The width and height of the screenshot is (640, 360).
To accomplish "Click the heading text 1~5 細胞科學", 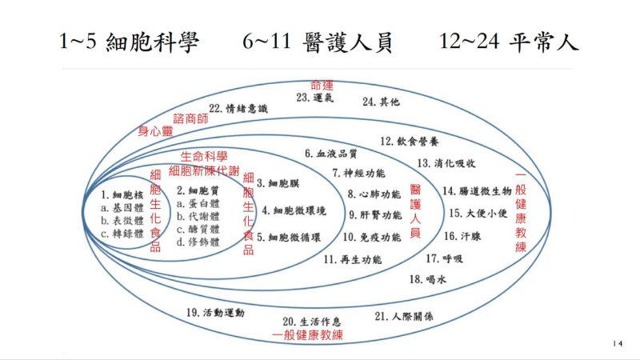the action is [x=129, y=42].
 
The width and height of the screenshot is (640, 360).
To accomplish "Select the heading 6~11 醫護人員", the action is [x=317, y=42].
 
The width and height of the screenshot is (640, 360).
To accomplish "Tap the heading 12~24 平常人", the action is [x=509, y=42].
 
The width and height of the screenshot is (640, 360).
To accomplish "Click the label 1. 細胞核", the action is [x=122, y=195].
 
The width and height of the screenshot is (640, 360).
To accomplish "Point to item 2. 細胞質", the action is [x=198, y=190].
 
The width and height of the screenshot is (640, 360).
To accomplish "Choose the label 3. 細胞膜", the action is [x=278, y=183].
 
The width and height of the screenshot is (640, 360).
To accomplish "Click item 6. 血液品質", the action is [x=331, y=154].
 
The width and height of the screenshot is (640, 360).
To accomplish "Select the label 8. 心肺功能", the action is [x=374, y=194].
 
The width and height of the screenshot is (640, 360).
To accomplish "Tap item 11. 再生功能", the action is [x=353, y=259].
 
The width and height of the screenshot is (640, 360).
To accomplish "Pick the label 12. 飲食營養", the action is [x=410, y=142].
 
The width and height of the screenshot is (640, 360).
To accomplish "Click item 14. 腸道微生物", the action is [x=477, y=190].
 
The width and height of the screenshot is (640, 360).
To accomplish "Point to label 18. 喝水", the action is [x=428, y=279].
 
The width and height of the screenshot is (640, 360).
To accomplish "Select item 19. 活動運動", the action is [x=215, y=313].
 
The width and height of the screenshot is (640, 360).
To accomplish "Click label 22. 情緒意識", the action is [x=238, y=109].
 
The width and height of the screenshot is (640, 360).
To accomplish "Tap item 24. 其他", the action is [x=381, y=102].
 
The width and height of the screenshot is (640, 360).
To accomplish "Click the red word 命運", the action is [x=322, y=86].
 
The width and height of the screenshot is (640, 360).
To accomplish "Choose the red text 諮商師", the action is [x=190, y=118].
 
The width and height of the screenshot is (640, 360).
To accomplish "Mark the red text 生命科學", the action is [x=204, y=156].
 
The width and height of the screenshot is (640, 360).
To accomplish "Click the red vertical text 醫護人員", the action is [x=415, y=211].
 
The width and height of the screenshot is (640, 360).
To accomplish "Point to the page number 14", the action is [x=618, y=344].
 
